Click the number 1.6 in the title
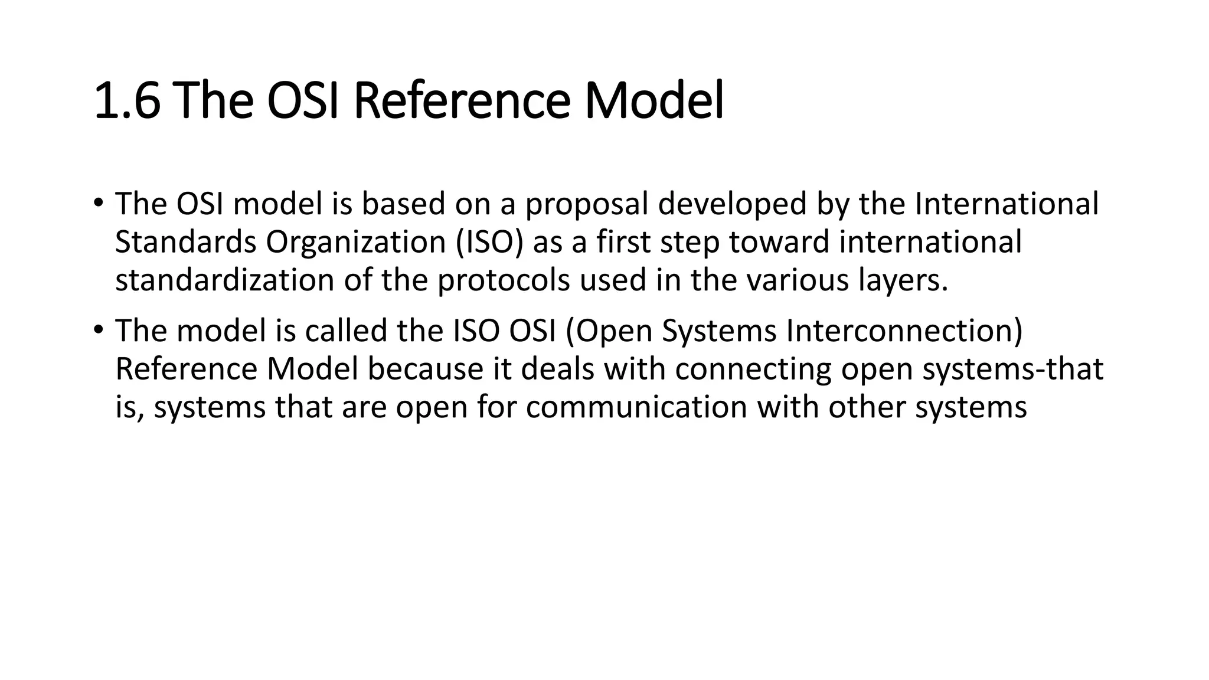pyautogui.click(x=127, y=102)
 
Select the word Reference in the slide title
pyautogui.click(x=462, y=102)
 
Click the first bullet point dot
pyautogui.click(x=98, y=203)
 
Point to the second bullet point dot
pyautogui.click(x=98, y=329)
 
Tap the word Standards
pyautogui.click(x=185, y=242)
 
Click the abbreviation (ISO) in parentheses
pyautogui.click(x=489, y=242)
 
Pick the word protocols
pyautogui.click(x=504, y=281)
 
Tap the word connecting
pyautogui.click(x=753, y=370)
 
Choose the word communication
pyautogui.click(x=636, y=407)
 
